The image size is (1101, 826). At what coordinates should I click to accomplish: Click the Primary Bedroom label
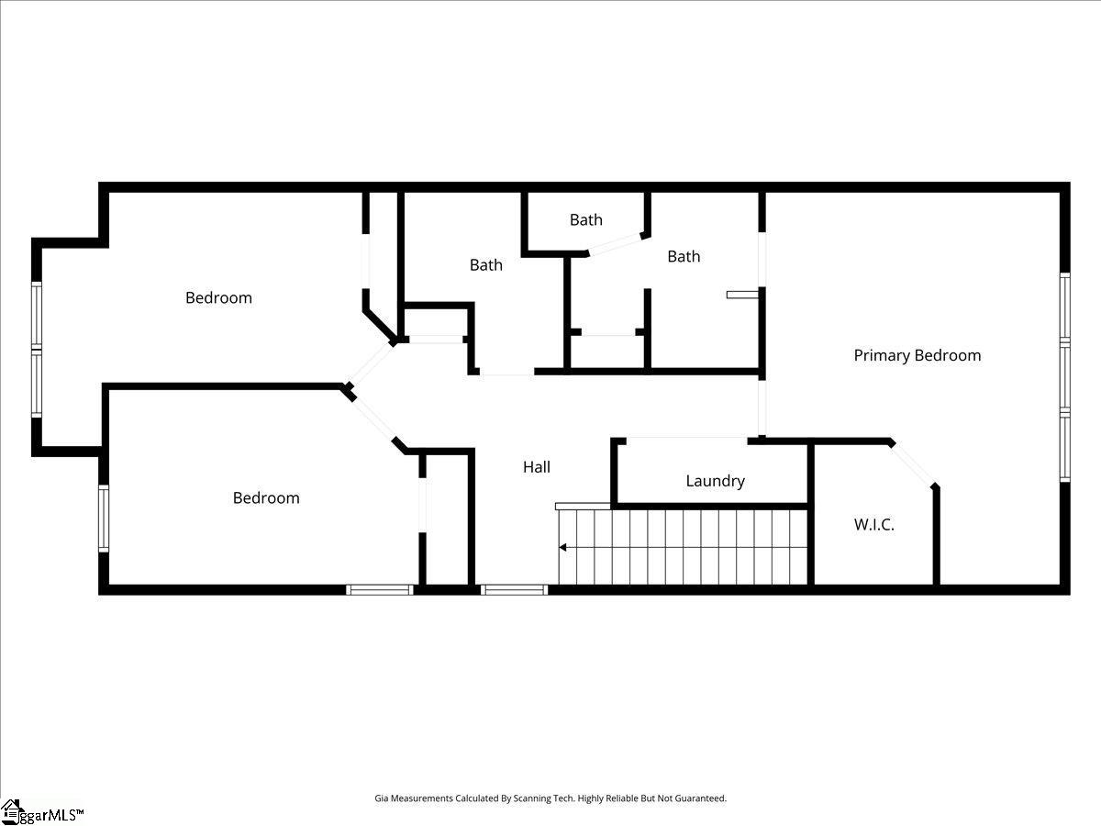(917, 355)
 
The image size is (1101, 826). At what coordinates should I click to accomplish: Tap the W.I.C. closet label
(873, 525)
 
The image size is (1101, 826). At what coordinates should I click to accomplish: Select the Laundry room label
(715, 481)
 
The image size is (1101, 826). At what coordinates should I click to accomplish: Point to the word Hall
(537, 467)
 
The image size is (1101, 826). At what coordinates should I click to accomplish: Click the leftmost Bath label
(485, 265)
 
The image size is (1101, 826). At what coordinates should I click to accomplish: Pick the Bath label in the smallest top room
(585, 219)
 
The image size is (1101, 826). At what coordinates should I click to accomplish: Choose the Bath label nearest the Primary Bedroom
(684, 256)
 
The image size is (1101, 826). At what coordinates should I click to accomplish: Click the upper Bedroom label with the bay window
(218, 297)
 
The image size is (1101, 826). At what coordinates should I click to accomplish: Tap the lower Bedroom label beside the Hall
(266, 497)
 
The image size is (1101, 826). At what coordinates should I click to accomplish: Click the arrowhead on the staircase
(562, 548)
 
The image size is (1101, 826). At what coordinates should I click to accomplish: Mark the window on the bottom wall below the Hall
(514, 589)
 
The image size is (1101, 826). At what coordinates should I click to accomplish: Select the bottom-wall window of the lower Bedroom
(379, 589)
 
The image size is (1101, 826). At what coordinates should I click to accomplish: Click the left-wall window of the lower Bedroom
(104, 519)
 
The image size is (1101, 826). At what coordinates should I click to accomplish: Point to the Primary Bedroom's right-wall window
(1064, 376)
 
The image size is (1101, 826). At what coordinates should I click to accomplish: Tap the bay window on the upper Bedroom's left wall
(37, 349)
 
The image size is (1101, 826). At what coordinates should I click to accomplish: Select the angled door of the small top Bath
(615, 243)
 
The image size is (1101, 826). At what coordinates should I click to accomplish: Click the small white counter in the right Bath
(743, 295)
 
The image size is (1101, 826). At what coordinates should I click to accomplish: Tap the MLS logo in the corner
(41, 811)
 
